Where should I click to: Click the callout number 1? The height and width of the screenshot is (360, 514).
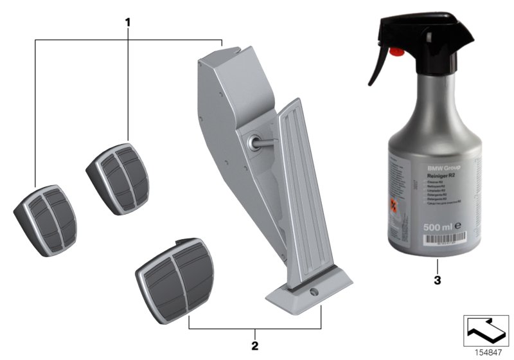pyautogui.click(x=128, y=22)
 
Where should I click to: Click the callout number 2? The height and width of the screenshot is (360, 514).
pyautogui.click(x=255, y=345)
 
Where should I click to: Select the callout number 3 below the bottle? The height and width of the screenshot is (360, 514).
pyautogui.click(x=438, y=280)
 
